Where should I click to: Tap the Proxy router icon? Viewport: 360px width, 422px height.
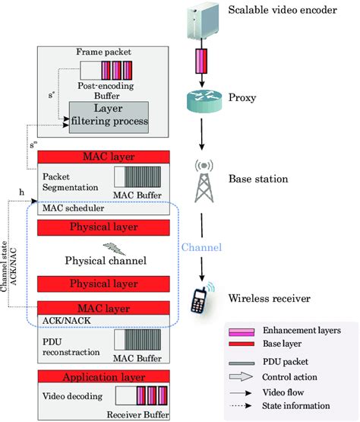tap(202, 100)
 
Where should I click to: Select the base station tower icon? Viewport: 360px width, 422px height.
tap(202, 181)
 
